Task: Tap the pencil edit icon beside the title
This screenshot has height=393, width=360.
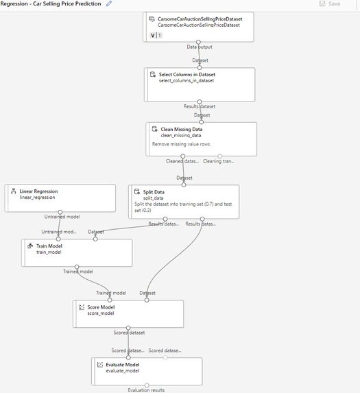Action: point(109,4)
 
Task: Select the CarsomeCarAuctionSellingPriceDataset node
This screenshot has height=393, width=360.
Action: point(198,26)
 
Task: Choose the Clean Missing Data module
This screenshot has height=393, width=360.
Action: point(201,139)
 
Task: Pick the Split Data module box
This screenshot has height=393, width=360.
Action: point(184,201)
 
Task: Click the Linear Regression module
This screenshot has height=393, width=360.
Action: point(60,198)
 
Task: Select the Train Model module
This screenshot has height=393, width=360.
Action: point(76,252)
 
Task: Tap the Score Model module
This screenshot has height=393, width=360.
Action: point(128,313)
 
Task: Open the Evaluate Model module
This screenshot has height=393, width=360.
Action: point(147,371)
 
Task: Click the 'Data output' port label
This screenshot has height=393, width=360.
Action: point(200,47)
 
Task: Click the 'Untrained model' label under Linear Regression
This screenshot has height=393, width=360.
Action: point(61,217)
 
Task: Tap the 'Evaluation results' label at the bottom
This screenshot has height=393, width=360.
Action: point(146,390)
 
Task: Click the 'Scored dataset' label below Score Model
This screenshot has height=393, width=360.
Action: point(128,333)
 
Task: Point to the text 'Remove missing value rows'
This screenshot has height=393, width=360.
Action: point(181,145)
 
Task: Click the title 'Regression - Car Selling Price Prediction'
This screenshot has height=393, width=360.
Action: point(51,4)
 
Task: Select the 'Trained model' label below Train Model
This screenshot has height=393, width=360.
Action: point(78,272)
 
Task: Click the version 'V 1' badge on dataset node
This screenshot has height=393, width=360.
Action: point(156,35)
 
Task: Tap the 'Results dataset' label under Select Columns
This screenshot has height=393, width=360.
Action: point(200,106)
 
